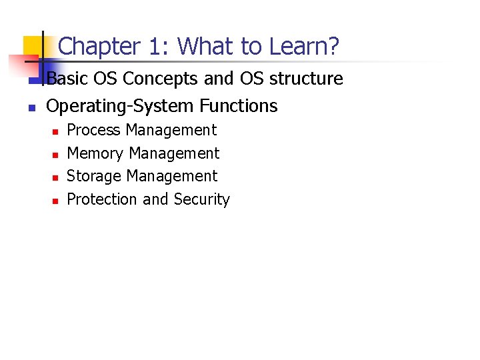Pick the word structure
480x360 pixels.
click(x=306, y=79)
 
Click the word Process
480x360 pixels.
click(x=95, y=130)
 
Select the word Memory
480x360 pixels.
click(x=96, y=153)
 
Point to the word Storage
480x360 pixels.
click(x=95, y=176)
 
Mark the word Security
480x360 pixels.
click(x=201, y=199)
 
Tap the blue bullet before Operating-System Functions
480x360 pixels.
click(x=30, y=107)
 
